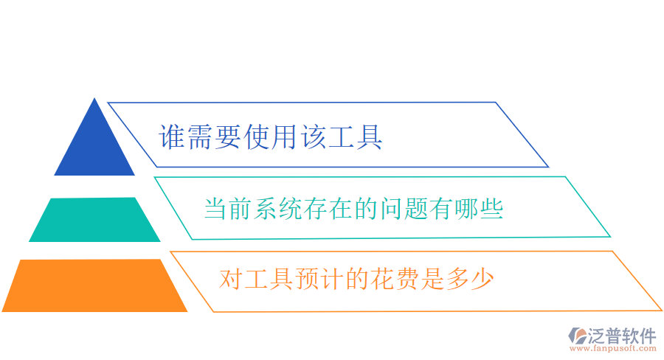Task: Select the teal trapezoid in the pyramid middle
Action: [94, 220]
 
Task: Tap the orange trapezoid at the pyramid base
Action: [94, 285]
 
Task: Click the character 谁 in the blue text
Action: [172, 137]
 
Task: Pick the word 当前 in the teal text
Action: [226, 209]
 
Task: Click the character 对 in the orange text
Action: [231, 279]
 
